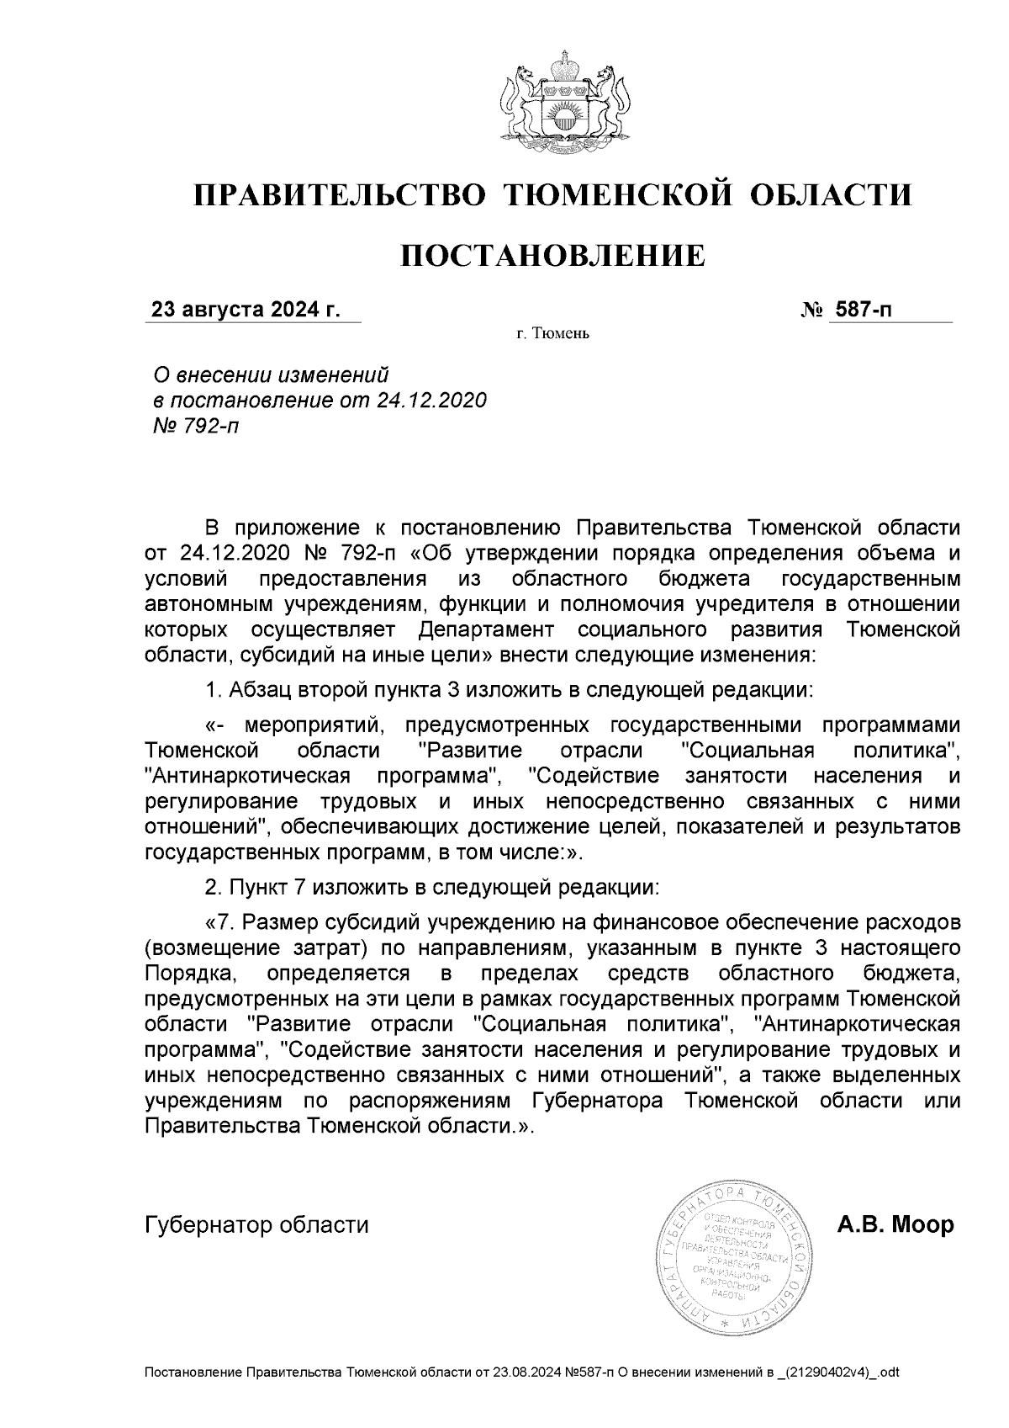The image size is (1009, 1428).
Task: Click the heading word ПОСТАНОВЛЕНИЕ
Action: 552,255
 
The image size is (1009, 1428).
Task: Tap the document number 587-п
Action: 862,311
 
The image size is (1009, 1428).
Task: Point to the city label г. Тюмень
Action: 553,335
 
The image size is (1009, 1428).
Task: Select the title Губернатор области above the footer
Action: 257,1224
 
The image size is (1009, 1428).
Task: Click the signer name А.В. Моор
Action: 895,1224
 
